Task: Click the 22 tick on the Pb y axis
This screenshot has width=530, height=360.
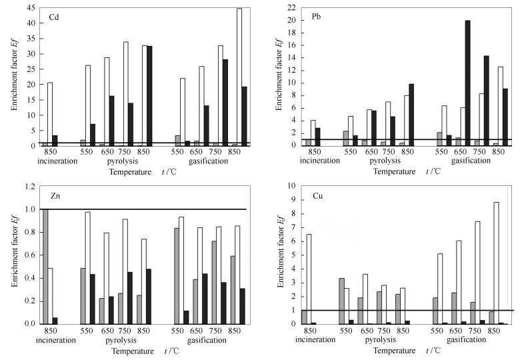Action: pyautogui.click(x=292, y=7)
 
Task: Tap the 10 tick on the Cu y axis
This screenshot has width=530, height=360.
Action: pyautogui.click(x=292, y=186)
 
